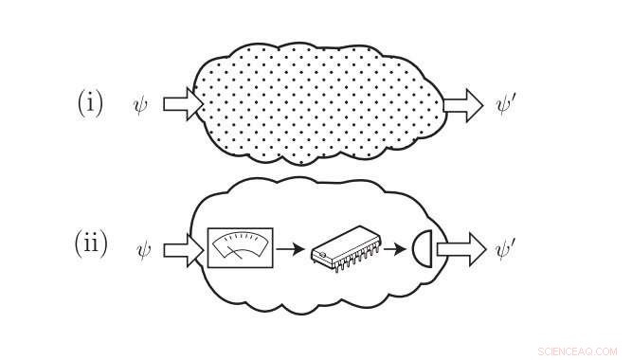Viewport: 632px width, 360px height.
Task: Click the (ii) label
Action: [91, 244]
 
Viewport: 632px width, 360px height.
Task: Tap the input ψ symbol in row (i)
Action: [141, 103]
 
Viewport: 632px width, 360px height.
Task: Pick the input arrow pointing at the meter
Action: [183, 250]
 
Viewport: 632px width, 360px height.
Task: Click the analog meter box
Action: [241, 248]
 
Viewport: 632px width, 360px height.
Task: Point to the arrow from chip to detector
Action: [401, 251]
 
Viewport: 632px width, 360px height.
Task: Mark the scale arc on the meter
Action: [241, 241]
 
